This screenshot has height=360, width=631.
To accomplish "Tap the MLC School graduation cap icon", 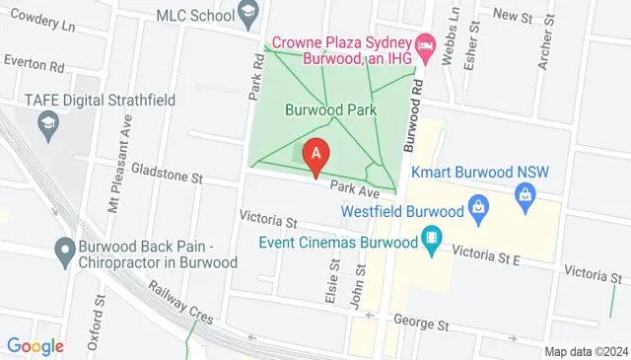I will [248, 15].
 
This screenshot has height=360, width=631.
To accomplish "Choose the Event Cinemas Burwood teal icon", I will [431, 239].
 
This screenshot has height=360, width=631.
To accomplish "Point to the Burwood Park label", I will [331, 111].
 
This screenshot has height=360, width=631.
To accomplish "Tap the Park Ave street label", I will [355, 187].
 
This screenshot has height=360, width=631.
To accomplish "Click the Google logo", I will [35, 346].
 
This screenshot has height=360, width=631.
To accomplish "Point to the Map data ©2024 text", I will [586, 351].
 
